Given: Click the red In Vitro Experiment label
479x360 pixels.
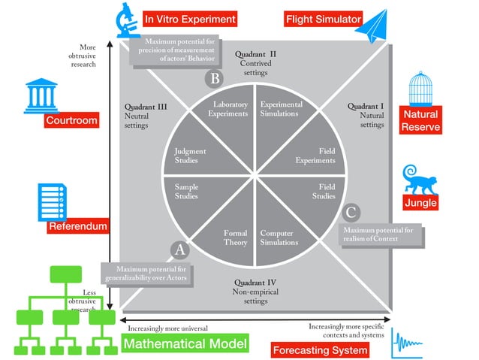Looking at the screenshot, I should click(190, 19).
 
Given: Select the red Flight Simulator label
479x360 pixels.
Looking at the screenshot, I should click(324, 19).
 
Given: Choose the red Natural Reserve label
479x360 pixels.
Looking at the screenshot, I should click(420, 120).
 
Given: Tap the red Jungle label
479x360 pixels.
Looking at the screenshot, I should click(420, 202).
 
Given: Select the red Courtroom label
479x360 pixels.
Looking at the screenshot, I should click(71, 121).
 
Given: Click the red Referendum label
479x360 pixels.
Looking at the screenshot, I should click(78, 226).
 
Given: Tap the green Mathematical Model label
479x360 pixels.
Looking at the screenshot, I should click(185, 344).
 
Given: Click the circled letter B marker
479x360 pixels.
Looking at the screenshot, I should click(215, 78).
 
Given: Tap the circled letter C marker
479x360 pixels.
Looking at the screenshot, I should click(351, 213).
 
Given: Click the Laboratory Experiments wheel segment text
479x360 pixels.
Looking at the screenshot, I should click(230, 109).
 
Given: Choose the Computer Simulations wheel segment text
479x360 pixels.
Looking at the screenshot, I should click(279, 237).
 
